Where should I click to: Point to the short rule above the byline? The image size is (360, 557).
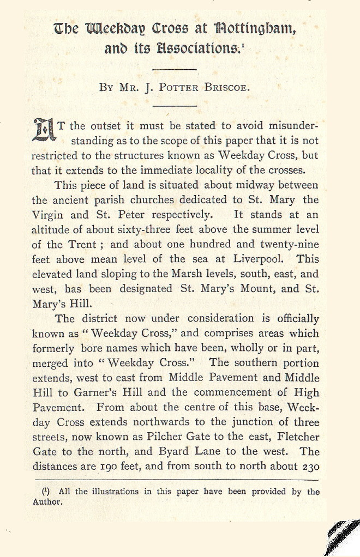point(175,69)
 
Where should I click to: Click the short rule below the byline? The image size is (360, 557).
point(175,106)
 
